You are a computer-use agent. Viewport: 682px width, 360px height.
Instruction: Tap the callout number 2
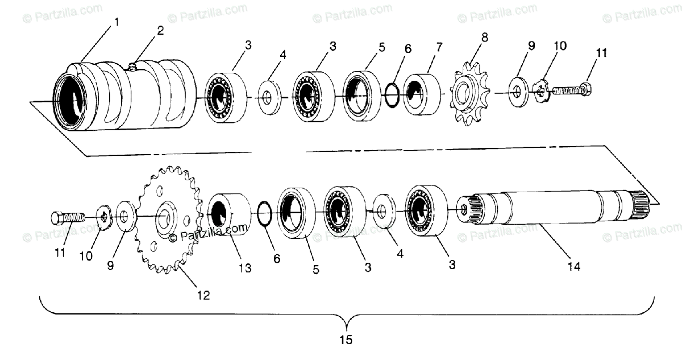coord(160,31)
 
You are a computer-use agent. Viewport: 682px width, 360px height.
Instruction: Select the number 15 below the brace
coord(346,340)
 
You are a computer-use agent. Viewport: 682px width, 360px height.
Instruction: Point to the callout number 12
coord(203,295)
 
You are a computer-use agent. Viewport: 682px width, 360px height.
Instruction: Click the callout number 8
coord(484,38)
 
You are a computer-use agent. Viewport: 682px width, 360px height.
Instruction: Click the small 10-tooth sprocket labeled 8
coord(471,94)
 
